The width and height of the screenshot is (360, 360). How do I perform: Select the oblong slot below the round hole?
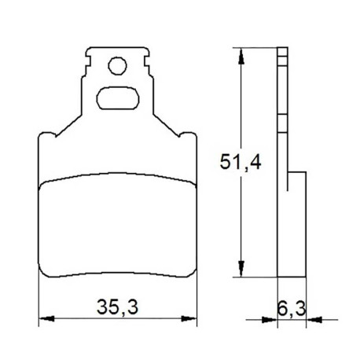(x=118, y=98)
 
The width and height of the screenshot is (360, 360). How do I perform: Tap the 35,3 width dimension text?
(x=117, y=307)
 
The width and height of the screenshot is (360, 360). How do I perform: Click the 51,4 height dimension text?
(x=241, y=162)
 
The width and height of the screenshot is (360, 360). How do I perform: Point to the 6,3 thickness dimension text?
(x=292, y=309)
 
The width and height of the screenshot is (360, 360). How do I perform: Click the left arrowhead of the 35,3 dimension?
(x=46, y=318)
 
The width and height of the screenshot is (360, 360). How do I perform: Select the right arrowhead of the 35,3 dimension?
(x=189, y=318)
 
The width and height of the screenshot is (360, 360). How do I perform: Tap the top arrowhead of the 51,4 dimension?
(x=241, y=56)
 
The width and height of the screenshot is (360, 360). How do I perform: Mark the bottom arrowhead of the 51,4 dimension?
(x=241, y=269)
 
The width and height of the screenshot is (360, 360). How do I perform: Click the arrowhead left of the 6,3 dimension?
(x=270, y=320)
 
